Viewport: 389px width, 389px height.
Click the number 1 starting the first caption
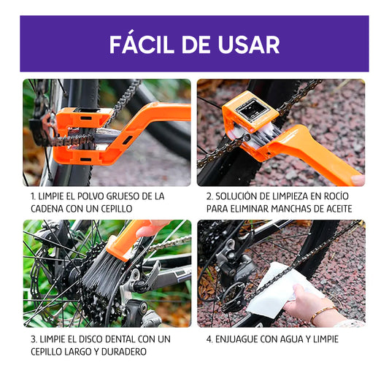coord(33,196)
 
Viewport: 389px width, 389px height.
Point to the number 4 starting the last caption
coord(209,339)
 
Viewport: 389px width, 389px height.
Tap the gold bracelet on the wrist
coord(324,315)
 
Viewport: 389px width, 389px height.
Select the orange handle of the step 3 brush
coord(131,237)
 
